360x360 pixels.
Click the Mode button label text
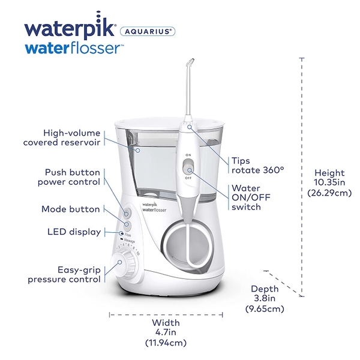(x=71, y=209)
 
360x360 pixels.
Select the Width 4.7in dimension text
(x=166, y=328)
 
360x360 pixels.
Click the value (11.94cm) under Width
(x=166, y=343)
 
